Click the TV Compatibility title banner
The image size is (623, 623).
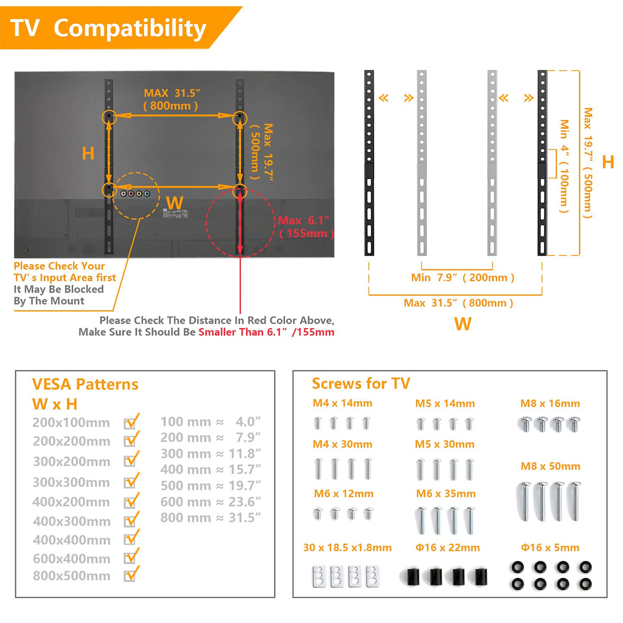click(109, 28)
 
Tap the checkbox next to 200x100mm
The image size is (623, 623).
click(130, 423)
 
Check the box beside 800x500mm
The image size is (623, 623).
click(130, 576)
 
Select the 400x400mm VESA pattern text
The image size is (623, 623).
click(72, 540)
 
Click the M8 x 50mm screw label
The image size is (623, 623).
click(550, 466)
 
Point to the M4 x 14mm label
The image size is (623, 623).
click(342, 403)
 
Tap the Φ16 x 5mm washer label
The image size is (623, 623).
click(550, 548)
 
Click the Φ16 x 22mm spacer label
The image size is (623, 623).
click(447, 548)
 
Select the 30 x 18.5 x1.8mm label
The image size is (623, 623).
click(347, 548)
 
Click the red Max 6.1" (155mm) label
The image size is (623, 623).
click(305, 227)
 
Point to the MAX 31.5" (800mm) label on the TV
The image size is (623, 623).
click(171, 100)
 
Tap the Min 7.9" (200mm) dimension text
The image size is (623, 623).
click(462, 278)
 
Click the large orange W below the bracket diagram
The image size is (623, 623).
click(462, 324)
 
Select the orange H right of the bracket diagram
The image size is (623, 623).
click(608, 162)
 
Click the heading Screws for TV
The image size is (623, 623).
click(361, 383)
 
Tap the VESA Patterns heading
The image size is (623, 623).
click(85, 384)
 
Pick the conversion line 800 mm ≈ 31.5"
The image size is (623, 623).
click(210, 518)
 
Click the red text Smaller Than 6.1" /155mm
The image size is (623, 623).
click(266, 332)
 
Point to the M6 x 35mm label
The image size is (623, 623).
click(445, 494)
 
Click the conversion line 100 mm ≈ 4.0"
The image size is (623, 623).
click(210, 422)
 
